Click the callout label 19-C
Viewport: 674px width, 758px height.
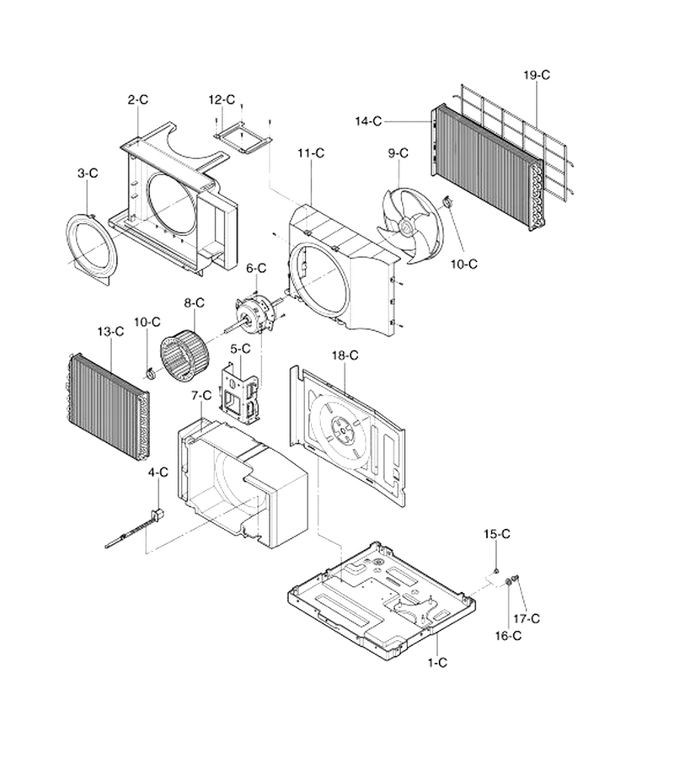[537, 75]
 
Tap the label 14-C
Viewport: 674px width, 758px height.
[368, 121]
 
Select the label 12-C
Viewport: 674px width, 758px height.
[222, 99]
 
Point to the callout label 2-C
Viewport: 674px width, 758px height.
[138, 99]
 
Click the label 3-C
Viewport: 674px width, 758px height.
[88, 173]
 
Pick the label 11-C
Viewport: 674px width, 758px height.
[311, 153]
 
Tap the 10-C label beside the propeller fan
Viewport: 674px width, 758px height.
[463, 264]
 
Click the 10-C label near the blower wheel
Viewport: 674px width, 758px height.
[147, 322]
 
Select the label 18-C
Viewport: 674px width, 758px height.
[345, 355]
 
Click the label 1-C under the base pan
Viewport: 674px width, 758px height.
[437, 662]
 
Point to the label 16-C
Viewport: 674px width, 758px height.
[508, 636]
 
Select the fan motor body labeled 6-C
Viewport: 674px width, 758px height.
[254, 315]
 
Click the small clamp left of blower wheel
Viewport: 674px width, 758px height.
[150, 373]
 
